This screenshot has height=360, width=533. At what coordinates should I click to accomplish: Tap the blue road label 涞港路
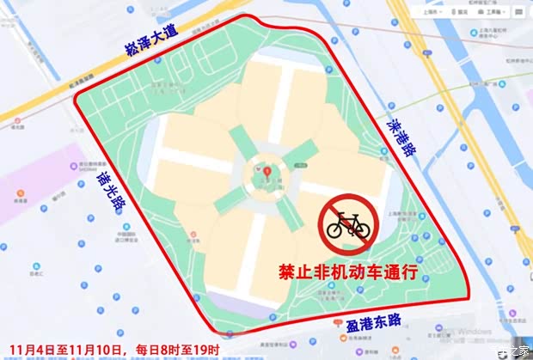pos(401,138)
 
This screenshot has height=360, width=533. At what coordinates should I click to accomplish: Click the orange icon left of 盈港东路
pos(334,321)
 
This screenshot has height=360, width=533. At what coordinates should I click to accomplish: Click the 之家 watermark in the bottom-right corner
pos(513,351)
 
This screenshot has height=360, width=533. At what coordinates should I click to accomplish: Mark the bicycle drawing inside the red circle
pos(348,226)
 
